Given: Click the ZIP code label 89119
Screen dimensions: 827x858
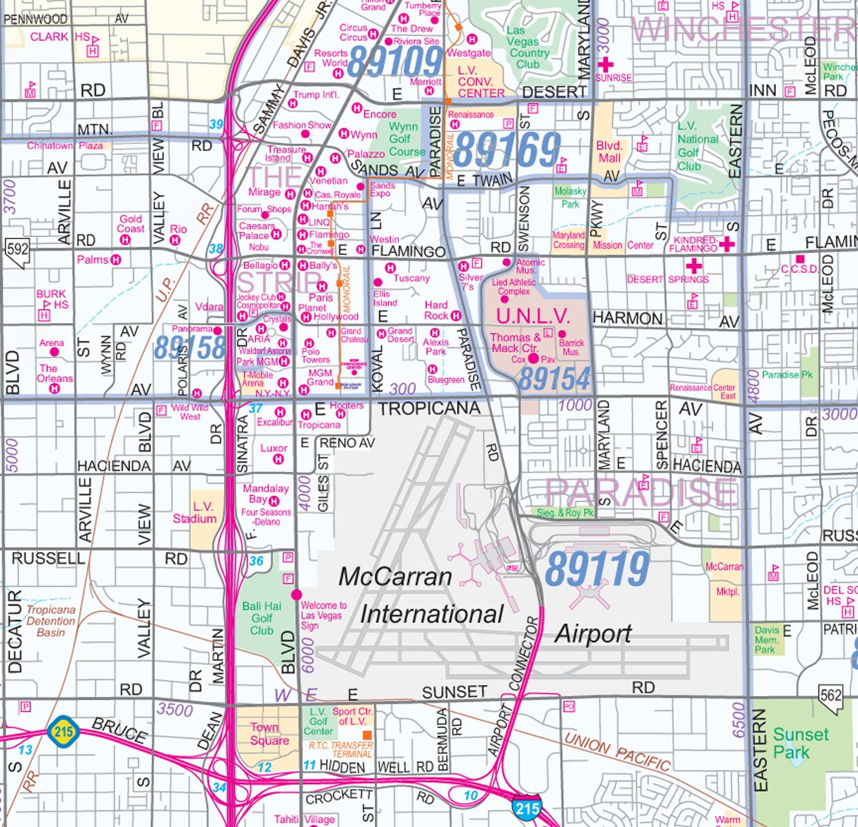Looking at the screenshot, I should point(597,569).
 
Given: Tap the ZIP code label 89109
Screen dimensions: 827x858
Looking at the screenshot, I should point(394,62).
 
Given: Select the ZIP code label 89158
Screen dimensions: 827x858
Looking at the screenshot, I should point(190,347).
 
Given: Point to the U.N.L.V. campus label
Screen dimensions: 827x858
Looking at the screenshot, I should point(533,316).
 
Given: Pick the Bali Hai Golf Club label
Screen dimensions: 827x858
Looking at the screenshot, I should point(262,618).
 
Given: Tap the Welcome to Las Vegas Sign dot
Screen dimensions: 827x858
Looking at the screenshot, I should point(297,594).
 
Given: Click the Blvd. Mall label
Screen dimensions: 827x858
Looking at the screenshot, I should point(609,152).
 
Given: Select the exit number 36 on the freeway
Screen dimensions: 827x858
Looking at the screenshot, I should point(256,561).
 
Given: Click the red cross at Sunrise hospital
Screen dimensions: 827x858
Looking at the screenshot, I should point(605,65).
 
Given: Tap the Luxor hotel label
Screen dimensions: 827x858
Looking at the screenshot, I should point(274,448).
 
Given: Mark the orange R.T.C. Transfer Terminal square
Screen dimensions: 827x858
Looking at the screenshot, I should point(368,735).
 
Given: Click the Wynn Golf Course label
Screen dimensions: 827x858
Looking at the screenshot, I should point(407,139).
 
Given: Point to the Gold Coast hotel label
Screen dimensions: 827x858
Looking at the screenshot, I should point(130,223).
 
